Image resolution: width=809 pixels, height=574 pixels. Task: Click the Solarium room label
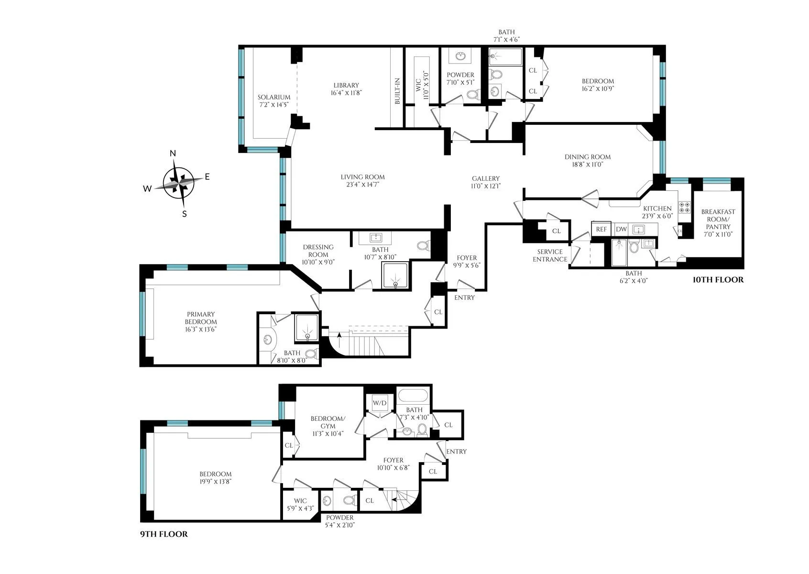pos(274,97)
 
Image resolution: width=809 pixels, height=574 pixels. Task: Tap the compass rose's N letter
pos(173,154)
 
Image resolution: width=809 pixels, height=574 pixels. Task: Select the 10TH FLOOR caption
pos(718,280)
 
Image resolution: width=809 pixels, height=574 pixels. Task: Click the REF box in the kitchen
pos(601,229)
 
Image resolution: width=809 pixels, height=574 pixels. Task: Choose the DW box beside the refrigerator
pos(621,229)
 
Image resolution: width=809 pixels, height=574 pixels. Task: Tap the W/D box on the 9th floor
pos(380,403)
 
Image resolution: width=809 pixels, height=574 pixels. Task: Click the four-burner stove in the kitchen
pos(684,207)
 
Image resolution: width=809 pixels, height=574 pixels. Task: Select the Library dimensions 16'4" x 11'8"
pos(347,93)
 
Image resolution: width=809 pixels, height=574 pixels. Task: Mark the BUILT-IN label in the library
pos(397,91)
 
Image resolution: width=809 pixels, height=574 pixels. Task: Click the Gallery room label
pos(485,178)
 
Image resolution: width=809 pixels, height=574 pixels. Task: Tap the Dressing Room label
pos(318,251)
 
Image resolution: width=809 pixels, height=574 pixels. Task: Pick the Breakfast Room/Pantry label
pos(718,219)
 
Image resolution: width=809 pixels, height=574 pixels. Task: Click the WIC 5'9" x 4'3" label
pos(300,501)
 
